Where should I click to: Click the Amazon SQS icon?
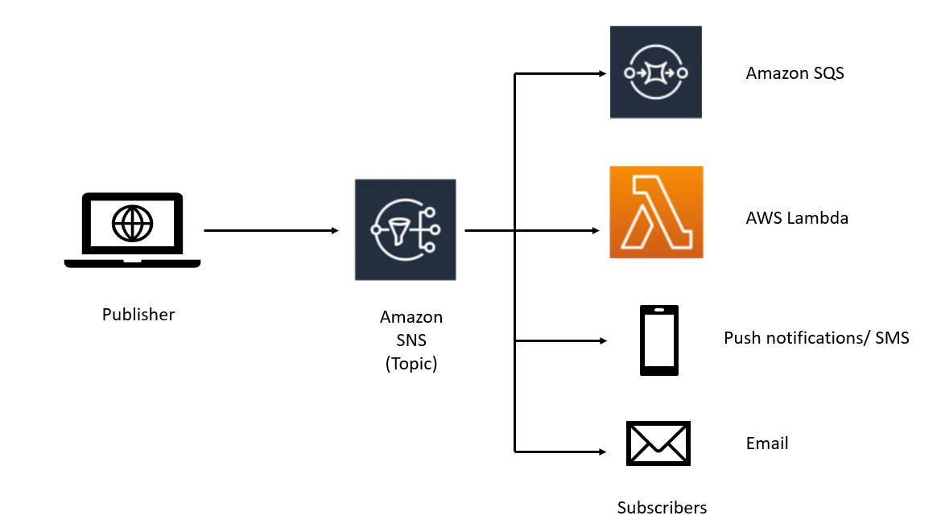[655, 72]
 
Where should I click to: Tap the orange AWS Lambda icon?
[656, 212]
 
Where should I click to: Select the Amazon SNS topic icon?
[405, 229]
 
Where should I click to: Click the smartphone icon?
[658, 340]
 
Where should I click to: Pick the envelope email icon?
[658, 443]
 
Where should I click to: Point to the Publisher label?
[138, 315]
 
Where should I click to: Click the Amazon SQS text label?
[794, 73]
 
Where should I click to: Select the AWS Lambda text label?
[797, 218]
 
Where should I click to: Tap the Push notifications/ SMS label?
[816, 338]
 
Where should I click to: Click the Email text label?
[767, 443]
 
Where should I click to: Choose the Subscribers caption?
[662, 508]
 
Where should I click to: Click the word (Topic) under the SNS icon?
[411, 363]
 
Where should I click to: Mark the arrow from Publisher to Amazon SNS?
[270, 231]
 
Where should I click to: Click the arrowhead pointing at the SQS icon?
[601, 74]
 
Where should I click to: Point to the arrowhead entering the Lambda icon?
[596, 231]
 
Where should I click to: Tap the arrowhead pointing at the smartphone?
[601, 341]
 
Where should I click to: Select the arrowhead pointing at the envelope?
[601, 451]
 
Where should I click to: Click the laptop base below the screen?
[132, 262]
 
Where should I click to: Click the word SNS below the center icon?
[411, 340]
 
